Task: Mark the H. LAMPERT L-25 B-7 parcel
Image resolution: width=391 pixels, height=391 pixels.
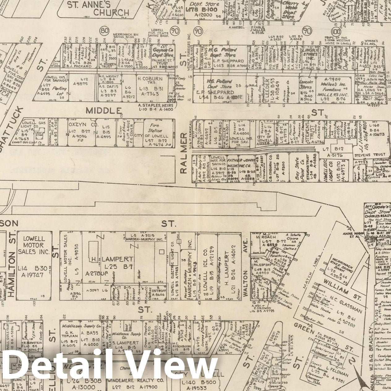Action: coord(112,262)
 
